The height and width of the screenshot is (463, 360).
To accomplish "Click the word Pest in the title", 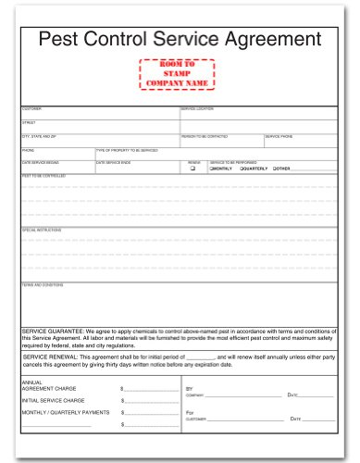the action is click(58, 39).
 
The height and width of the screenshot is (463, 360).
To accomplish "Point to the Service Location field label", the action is click(195, 108).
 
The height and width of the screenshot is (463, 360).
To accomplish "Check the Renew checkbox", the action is click(192, 169).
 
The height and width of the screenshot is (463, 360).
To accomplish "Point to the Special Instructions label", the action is click(40, 229).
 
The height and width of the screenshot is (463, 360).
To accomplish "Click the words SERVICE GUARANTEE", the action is click(52, 330).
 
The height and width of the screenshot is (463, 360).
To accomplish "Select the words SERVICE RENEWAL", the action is click(49, 357).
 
